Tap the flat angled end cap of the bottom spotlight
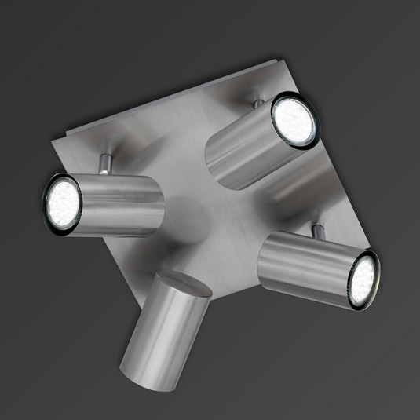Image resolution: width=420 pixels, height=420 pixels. coord(181,287)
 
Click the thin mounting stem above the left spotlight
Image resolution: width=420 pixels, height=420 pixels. coord(105,164)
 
